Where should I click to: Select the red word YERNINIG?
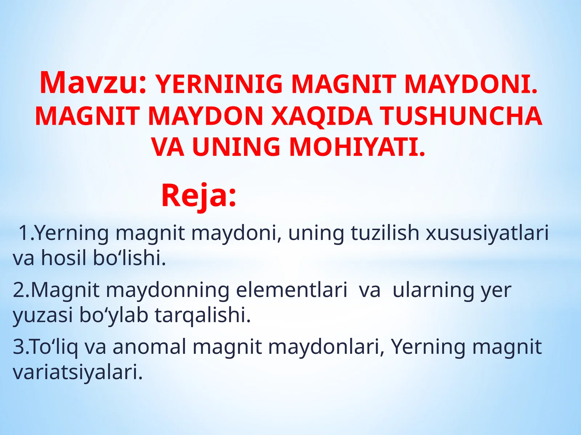219,84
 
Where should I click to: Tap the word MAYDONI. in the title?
471,84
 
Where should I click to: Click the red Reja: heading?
199,196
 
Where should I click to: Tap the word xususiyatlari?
487,233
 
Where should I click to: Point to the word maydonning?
167,290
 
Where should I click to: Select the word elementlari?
292,290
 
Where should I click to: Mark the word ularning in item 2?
433,290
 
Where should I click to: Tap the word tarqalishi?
203,315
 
